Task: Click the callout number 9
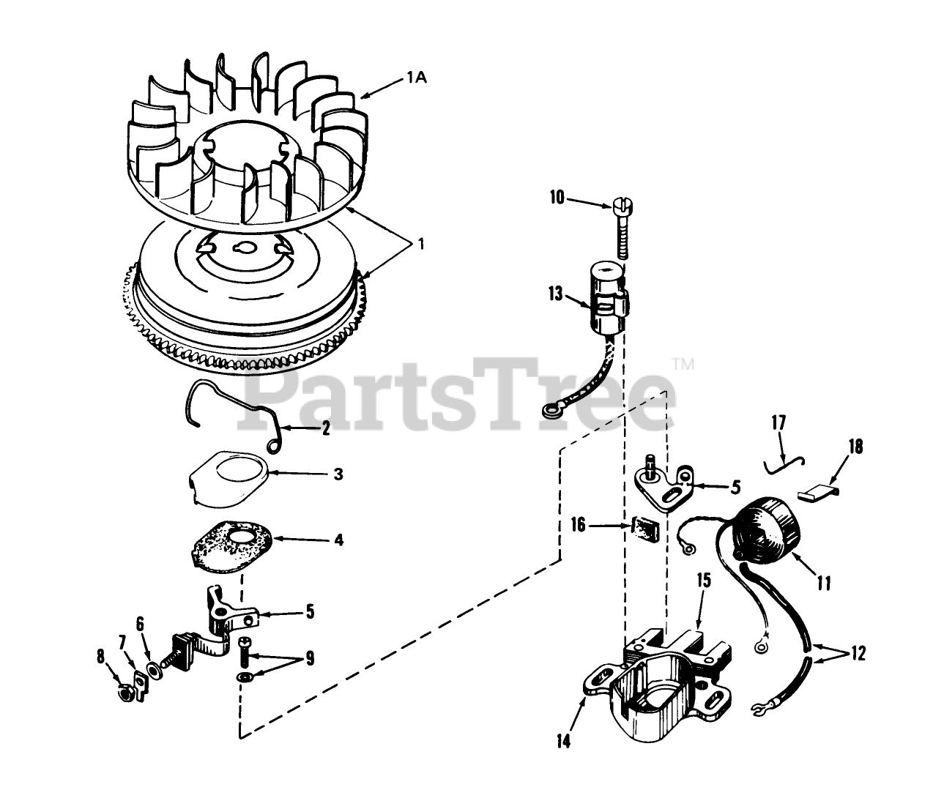pyautogui.click(x=310, y=658)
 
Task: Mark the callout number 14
pyautogui.click(x=563, y=741)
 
